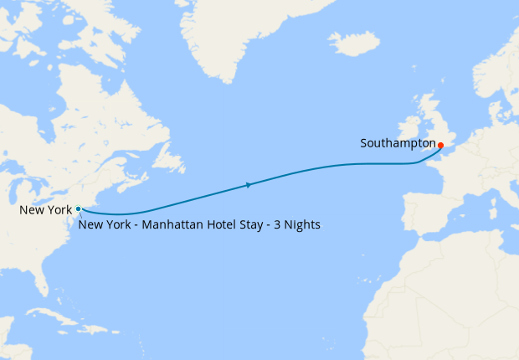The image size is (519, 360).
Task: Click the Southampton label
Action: (x=398, y=143)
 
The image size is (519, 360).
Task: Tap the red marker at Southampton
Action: (x=440, y=145)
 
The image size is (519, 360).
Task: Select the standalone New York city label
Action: (x=46, y=210)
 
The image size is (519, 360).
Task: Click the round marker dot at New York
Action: (x=78, y=208)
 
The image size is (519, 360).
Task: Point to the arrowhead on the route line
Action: (x=248, y=184)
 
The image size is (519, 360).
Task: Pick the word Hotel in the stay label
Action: (x=209, y=225)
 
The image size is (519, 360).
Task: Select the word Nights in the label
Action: (x=301, y=225)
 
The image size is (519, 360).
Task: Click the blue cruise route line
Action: (x=335, y=167)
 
